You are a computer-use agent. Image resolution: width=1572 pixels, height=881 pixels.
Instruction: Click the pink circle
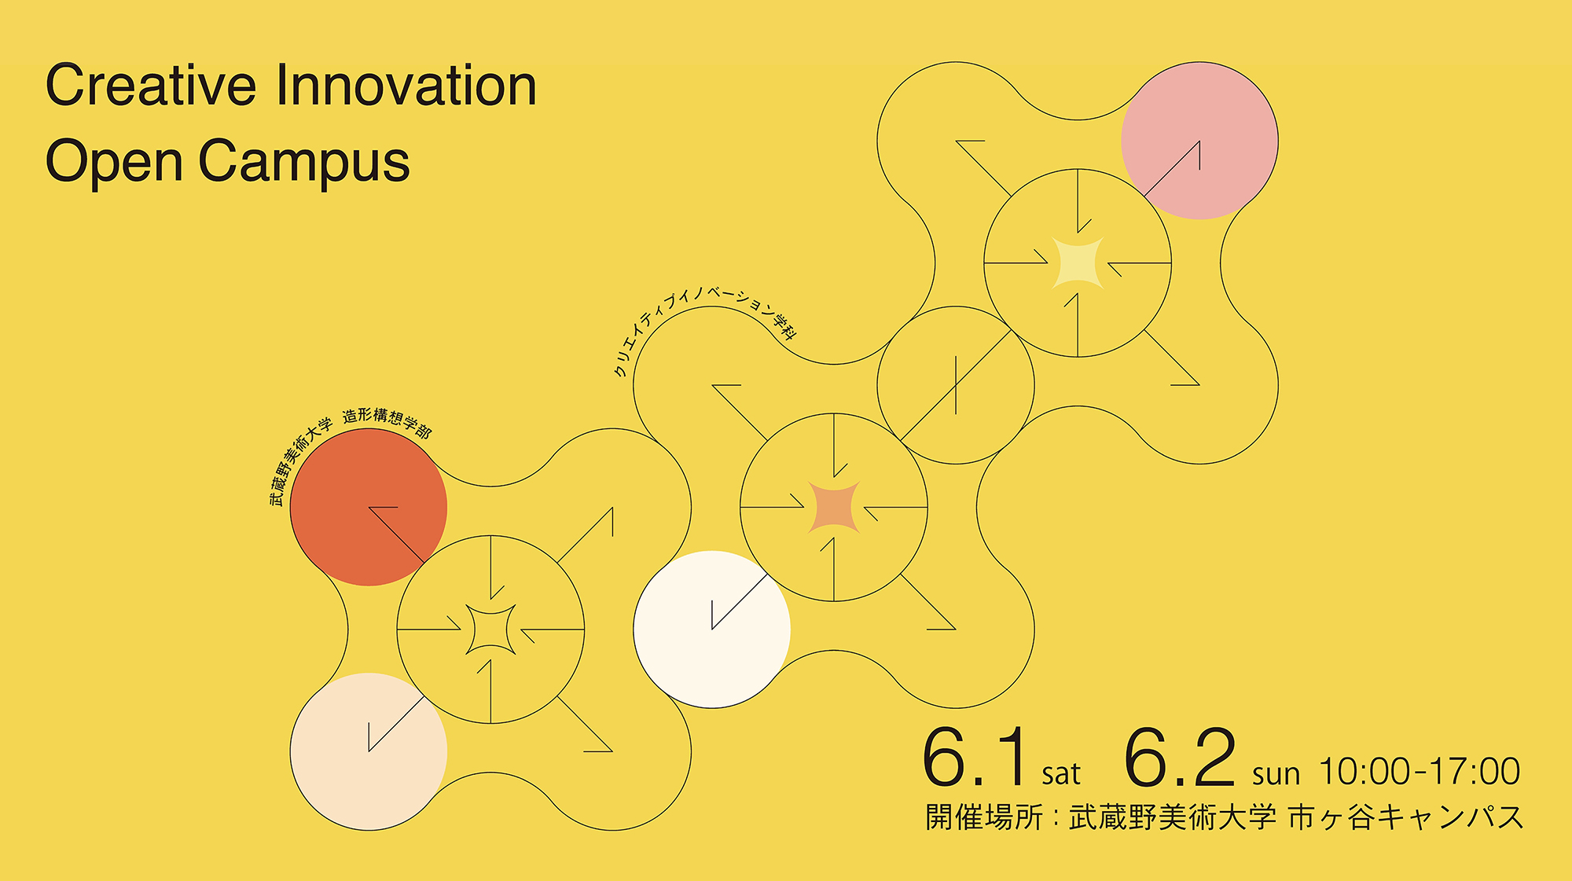pos(1199,141)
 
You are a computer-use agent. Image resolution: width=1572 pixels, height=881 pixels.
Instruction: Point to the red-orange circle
pos(369,507)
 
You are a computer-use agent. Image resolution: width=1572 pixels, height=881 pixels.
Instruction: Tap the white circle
pos(712,630)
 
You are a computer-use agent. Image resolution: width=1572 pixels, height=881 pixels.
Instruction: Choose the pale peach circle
pos(369,751)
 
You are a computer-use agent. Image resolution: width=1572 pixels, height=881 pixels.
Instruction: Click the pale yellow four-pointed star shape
pos(1078,262)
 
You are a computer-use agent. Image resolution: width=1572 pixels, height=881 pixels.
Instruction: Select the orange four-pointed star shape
pos(834,507)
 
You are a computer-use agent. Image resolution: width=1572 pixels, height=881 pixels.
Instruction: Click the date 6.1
pos(975,758)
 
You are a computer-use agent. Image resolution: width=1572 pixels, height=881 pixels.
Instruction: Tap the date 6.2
pos(1181,758)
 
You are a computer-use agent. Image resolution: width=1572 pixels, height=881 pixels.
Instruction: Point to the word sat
pos(1061,774)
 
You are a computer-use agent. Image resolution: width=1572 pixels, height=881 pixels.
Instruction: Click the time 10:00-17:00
pos(1420,772)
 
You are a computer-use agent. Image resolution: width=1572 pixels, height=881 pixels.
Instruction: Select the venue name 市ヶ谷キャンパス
pos(1406,817)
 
